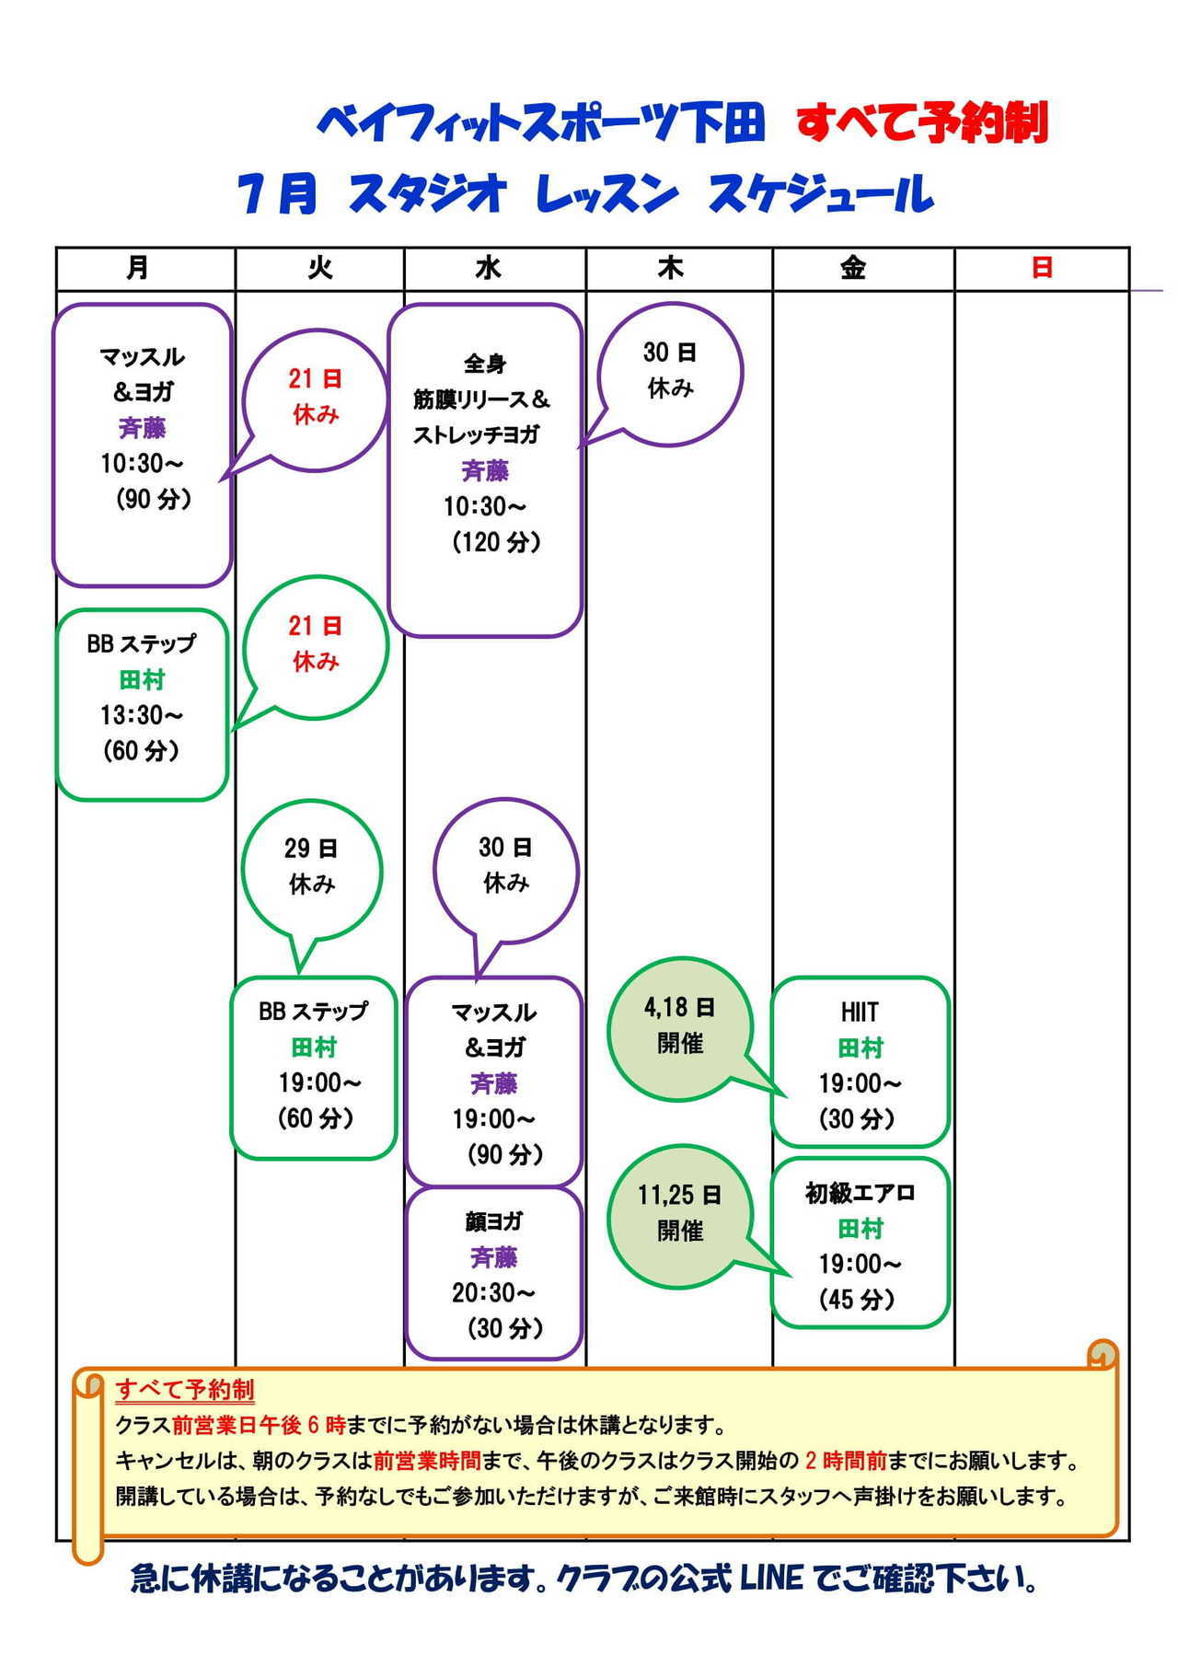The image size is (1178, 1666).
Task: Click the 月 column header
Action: coord(137,268)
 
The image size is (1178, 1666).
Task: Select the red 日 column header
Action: coord(1042,268)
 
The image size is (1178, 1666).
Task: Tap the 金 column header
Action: coord(852,268)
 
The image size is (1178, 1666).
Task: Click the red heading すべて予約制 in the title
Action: coord(922,123)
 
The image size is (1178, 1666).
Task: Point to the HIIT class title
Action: coord(860,1012)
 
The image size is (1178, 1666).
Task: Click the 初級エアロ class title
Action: coord(860,1193)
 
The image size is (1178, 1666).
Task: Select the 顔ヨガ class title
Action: coord(493,1221)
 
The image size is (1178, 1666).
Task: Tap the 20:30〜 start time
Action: coord(493,1292)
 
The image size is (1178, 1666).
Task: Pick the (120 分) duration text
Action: coord(496,541)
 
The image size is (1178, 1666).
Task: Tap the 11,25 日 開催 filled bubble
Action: coord(679,1217)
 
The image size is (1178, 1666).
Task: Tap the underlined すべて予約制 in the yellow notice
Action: coord(185,1389)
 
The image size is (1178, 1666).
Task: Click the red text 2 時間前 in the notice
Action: coord(846,1460)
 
